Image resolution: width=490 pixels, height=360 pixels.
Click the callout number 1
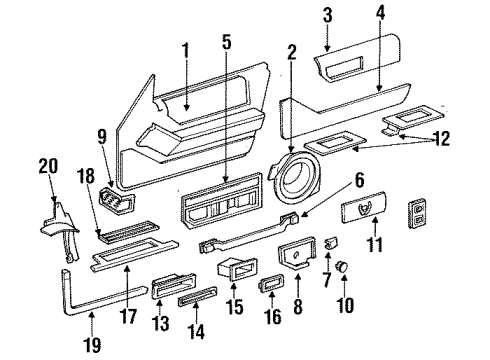point(185,50)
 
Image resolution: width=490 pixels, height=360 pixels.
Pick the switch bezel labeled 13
point(168,290)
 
